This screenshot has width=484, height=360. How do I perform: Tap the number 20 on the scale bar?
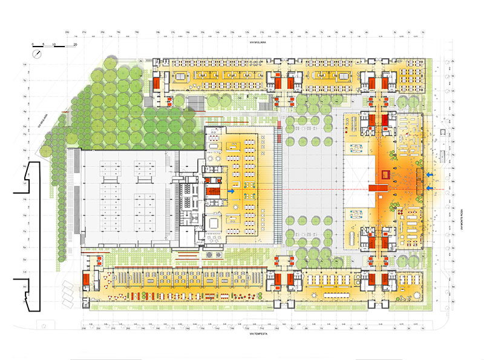[75, 45]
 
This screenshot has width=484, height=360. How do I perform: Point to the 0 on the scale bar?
[34, 45]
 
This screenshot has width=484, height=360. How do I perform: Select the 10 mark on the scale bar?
[54, 45]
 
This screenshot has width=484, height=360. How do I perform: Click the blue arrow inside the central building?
[232, 190]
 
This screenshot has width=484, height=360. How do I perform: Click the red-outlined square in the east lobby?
[384, 175]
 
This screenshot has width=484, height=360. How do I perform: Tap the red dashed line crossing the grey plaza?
[315, 190]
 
